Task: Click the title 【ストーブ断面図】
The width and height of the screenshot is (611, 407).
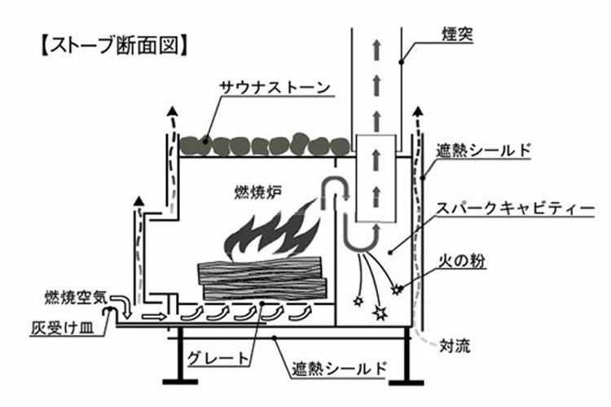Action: click(x=115, y=43)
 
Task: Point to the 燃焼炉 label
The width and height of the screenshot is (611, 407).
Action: click(x=254, y=194)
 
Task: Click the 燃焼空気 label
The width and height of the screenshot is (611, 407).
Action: click(x=74, y=295)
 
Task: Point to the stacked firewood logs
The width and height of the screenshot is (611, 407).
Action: click(x=262, y=276)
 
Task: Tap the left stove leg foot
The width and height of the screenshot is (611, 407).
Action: click(x=178, y=380)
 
